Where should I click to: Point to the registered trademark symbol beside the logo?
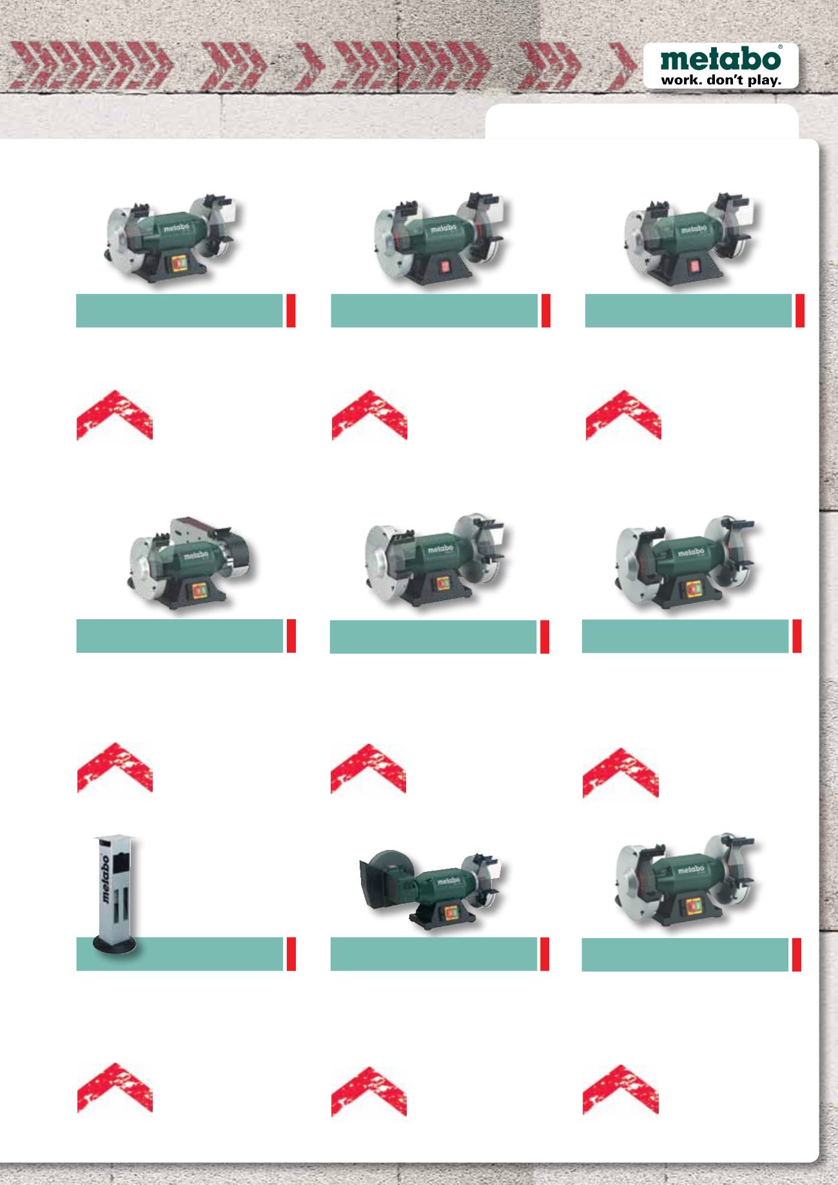coord(781,48)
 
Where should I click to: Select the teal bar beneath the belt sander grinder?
coord(180,636)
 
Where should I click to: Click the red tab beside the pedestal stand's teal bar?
coord(291,954)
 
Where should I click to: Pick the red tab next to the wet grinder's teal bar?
coord(544,954)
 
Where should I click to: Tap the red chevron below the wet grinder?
coord(368,1089)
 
